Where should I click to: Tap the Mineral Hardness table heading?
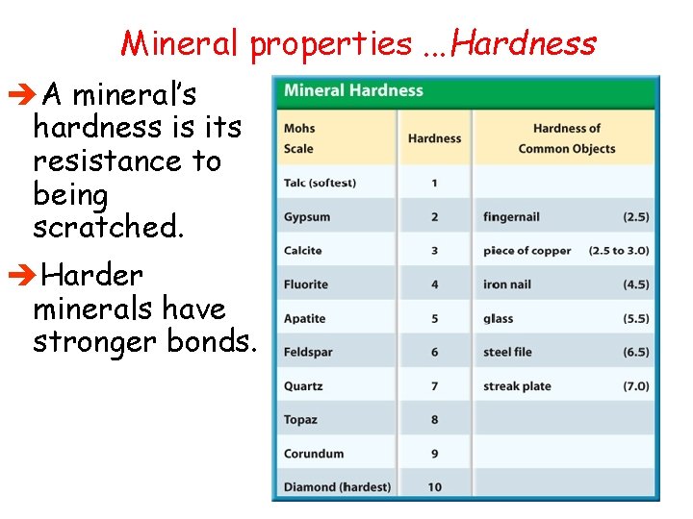(x=353, y=91)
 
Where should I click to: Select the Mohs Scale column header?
(x=299, y=138)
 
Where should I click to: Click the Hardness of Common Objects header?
(x=566, y=138)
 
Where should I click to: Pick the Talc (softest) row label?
(x=321, y=183)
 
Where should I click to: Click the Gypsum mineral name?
(x=307, y=217)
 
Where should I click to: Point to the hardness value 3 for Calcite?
(x=434, y=251)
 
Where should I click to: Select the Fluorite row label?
(x=306, y=284)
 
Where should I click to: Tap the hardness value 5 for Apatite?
(x=434, y=318)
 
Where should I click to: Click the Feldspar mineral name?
(x=308, y=353)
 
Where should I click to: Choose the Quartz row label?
(x=303, y=386)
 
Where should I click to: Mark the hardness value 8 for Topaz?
(x=434, y=420)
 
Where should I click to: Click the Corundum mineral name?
(x=314, y=454)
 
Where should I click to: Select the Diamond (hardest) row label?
(x=337, y=487)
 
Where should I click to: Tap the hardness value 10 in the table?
(x=434, y=487)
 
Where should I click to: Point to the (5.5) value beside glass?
(x=635, y=318)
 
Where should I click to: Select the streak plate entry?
(x=517, y=386)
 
